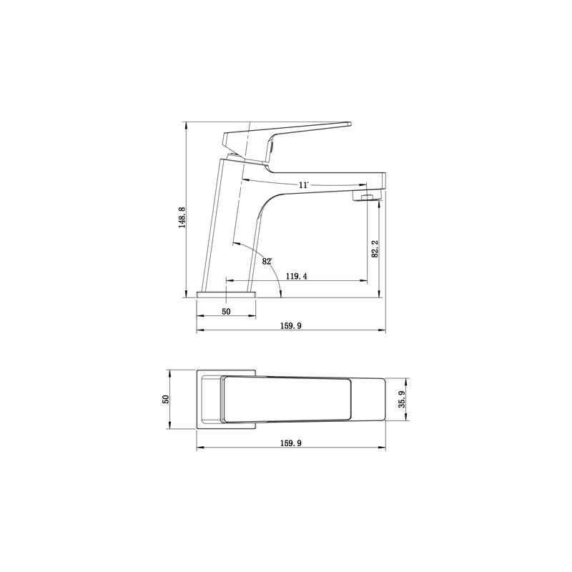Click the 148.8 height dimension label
[182, 217]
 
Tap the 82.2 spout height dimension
[375, 249]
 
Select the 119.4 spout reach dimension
[296, 277]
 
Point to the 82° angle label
[267, 262]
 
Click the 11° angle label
[304, 185]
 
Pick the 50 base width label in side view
[226, 312]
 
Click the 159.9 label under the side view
[291, 326]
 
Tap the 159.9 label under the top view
[291, 443]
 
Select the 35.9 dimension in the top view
[402, 399]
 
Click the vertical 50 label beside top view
[166, 399]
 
